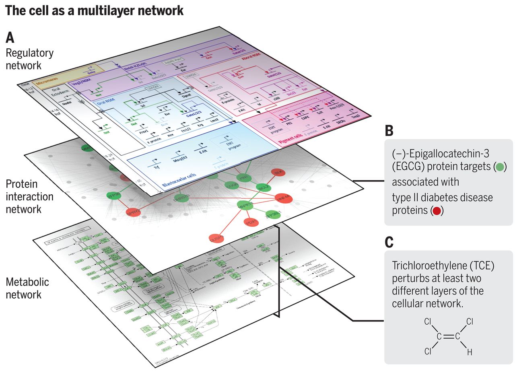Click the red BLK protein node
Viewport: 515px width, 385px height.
[x=277, y=173]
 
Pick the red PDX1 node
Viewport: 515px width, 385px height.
[x=251, y=222]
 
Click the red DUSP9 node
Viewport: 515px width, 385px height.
[x=216, y=238]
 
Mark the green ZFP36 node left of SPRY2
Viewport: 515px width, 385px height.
[x=114, y=196]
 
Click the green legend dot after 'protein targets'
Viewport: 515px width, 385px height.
[x=500, y=167]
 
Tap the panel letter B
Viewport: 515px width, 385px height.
[x=389, y=131]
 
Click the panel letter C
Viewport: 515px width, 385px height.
[x=389, y=242]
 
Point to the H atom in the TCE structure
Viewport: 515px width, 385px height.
[x=469, y=352]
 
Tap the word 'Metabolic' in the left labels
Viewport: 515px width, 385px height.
[x=27, y=282]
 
